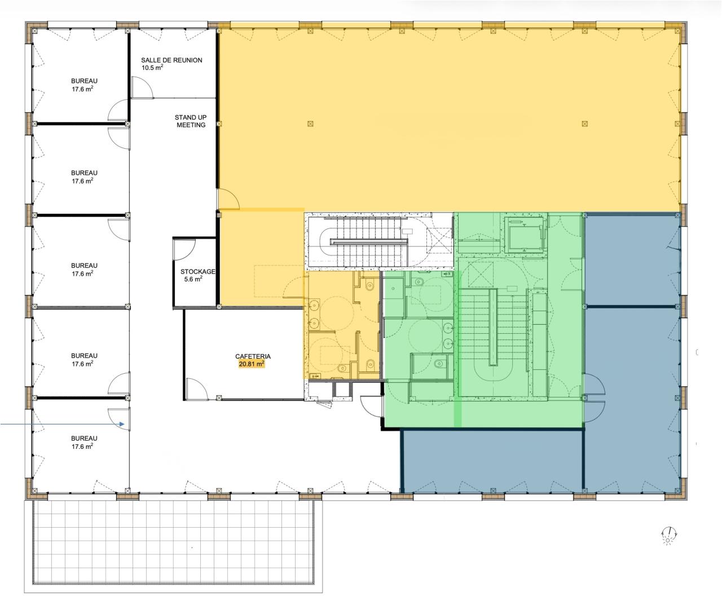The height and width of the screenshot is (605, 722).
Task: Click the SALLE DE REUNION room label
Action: click(171, 60)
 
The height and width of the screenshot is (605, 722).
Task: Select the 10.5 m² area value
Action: click(152, 68)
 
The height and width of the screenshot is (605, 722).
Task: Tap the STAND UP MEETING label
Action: click(191, 121)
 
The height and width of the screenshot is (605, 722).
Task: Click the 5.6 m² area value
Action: click(191, 279)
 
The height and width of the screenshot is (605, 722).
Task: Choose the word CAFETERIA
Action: click(253, 356)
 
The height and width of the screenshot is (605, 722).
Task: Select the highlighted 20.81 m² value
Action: click(252, 364)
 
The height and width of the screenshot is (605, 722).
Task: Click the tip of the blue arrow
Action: click(124, 423)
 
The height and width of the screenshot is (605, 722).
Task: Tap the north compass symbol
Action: click(669, 536)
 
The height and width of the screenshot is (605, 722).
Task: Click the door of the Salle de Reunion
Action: click(140, 87)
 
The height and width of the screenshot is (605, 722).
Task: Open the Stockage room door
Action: click(184, 246)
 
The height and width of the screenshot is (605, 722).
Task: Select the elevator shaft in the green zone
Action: click(523, 232)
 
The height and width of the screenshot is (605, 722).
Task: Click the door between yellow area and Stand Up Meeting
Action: click(228, 198)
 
